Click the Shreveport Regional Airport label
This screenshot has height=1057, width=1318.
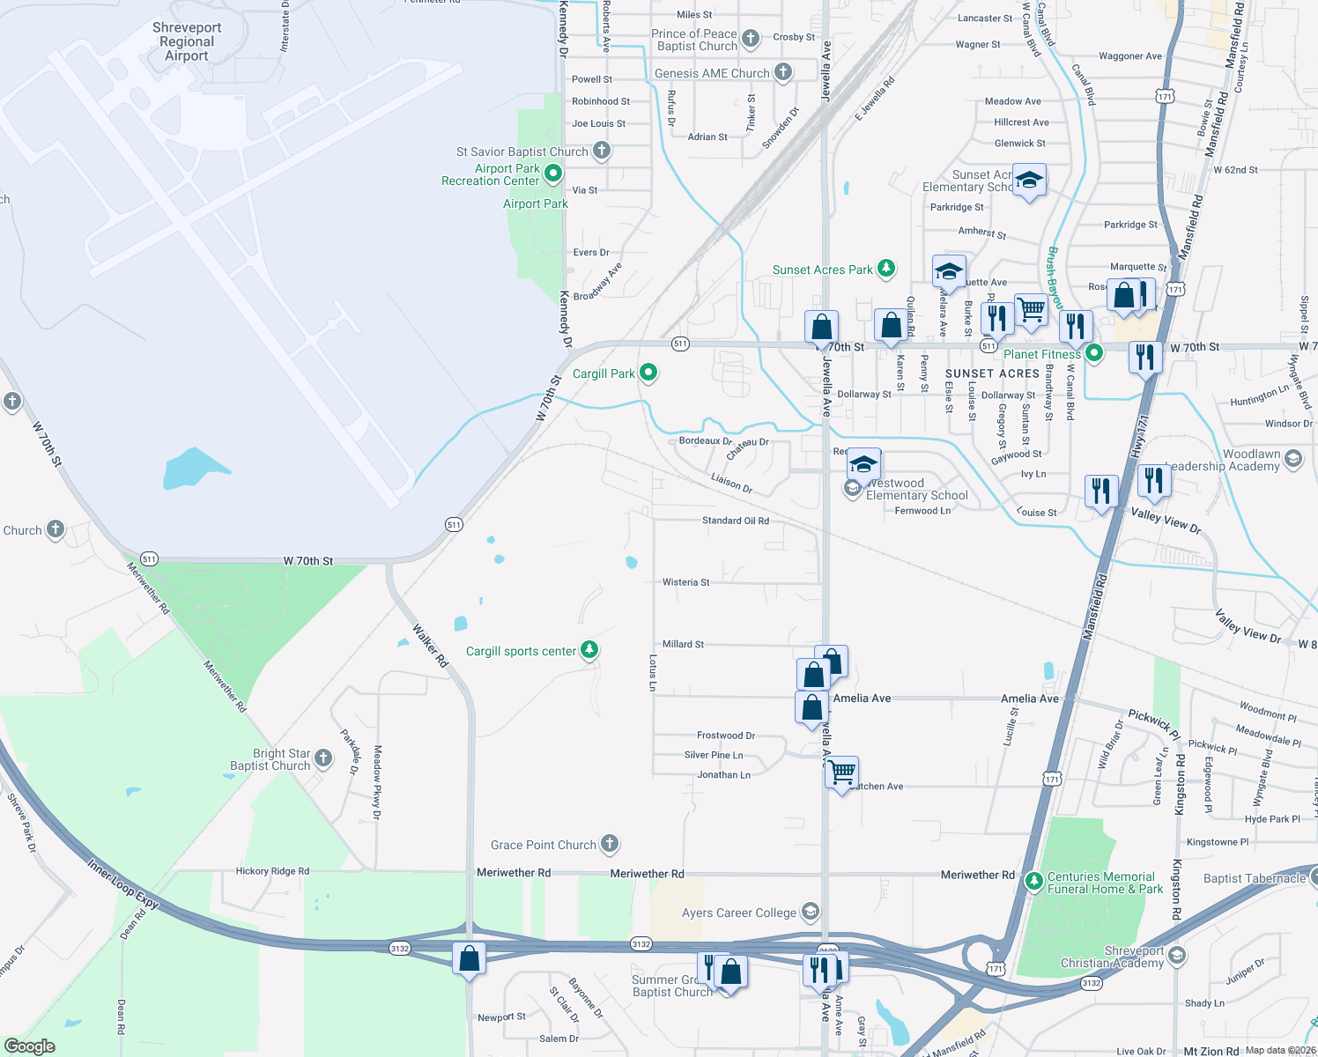pyautogui.click(x=187, y=41)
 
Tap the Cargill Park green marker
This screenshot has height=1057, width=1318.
pyautogui.click(x=648, y=373)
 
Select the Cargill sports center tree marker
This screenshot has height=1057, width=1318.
pyautogui.click(x=589, y=651)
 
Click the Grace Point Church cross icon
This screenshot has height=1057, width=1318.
pyautogui.click(x=610, y=844)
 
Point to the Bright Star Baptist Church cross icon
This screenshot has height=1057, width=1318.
pyautogui.click(x=323, y=758)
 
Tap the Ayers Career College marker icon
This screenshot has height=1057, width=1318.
pyautogui.click(x=811, y=912)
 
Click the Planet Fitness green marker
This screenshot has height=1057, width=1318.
pyautogui.click(x=1094, y=353)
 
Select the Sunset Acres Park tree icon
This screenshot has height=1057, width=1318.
pyautogui.click(x=886, y=269)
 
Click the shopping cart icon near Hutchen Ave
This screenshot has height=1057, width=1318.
pyautogui.click(x=842, y=772)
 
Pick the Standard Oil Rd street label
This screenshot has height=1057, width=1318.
pyautogui.click(x=735, y=521)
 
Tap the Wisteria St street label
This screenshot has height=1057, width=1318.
pyautogui.click(x=685, y=582)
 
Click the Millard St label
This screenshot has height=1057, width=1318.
pyautogui.click(x=683, y=644)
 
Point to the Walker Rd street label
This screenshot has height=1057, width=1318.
pyautogui.click(x=431, y=645)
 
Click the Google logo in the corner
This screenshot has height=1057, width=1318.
pyautogui.click(x=29, y=1046)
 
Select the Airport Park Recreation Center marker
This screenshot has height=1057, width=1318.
pyautogui.click(x=553, y=174)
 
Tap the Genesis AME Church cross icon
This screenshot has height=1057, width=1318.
pyautogui.click(x=783, y=72)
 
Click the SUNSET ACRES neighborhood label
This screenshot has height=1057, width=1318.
pyautogui.click(x=992, y=373)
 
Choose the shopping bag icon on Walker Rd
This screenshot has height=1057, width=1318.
pyautogui.click(x=469, y=957)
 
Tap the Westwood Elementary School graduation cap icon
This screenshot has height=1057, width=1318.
pyautogui.click(x=863, y=463)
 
